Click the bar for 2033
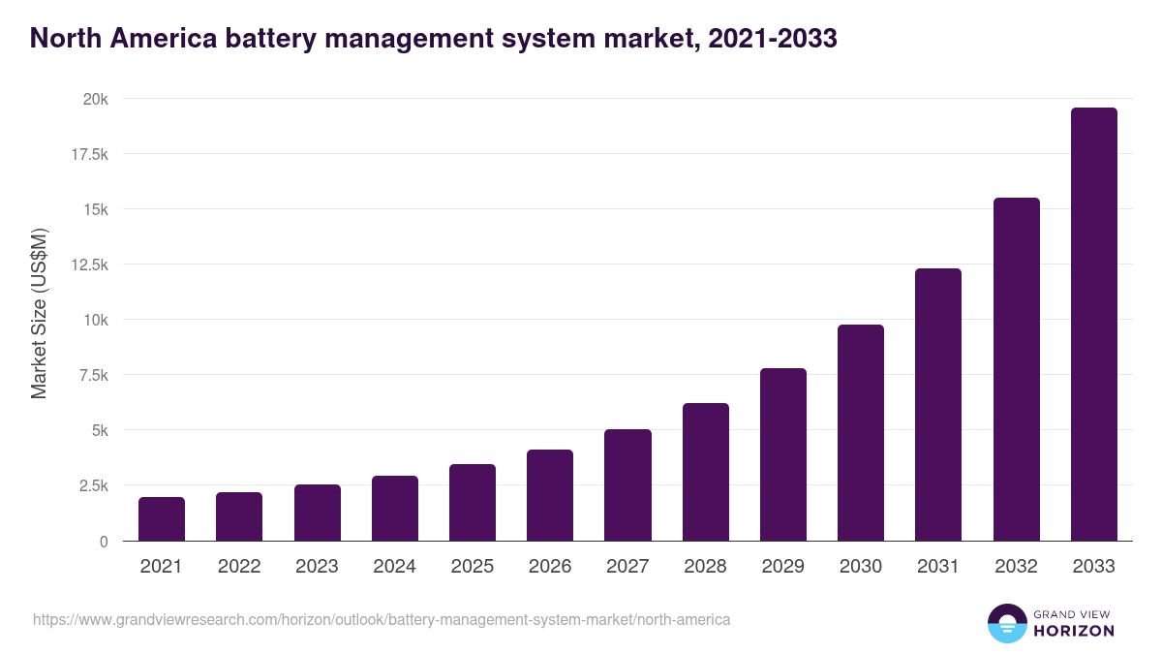coord(1093,325)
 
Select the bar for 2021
coord(162,519)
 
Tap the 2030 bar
coord(861,433)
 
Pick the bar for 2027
coord(627,485)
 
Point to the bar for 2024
coord(395,509)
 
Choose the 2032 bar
coord(1016,369)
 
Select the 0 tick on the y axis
coord(103,541)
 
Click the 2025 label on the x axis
coord(472,567)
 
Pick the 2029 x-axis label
coord(782,567)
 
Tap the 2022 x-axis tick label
coord(239,567)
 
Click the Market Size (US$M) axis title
coord(39,312)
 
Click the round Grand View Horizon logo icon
coord(1006,623)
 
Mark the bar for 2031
coord(938,405)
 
